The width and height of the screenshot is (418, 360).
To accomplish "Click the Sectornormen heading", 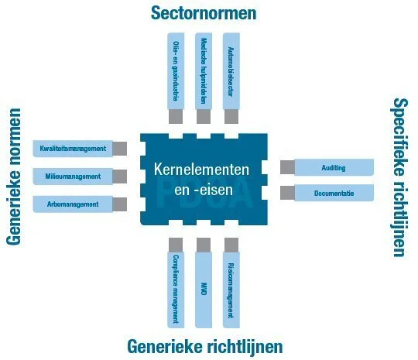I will click(x=204, y=13).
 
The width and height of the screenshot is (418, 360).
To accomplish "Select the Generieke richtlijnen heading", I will click(x=204, y=345).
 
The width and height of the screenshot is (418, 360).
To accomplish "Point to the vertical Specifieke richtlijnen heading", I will click(x=399, y=177).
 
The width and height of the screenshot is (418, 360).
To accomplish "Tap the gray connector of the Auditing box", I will click(x=287, y=167).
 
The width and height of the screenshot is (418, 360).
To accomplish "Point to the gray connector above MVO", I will click(x=204, y=244).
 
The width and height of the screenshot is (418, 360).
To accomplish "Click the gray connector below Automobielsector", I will click(x=231, y=116).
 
